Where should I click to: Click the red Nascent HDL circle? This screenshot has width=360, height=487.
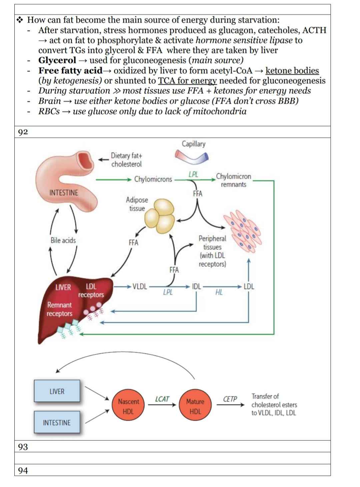128,406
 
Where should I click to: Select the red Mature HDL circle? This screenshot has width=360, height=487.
195,406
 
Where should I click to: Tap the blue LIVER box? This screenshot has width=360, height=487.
57,391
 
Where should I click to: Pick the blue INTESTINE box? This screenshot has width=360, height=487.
57,422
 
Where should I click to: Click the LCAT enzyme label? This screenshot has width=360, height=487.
162,399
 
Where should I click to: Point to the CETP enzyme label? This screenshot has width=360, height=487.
230,399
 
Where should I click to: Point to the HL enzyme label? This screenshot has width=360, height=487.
219,293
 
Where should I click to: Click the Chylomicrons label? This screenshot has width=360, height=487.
153,179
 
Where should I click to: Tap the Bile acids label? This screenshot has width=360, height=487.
63,240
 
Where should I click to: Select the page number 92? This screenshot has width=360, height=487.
23,132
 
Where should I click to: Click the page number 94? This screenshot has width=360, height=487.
23,470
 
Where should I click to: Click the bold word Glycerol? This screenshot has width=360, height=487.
57,60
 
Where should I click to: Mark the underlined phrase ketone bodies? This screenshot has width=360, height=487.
292,71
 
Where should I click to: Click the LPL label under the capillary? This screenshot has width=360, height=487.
193,174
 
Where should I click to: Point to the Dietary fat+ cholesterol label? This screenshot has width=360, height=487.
126,160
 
